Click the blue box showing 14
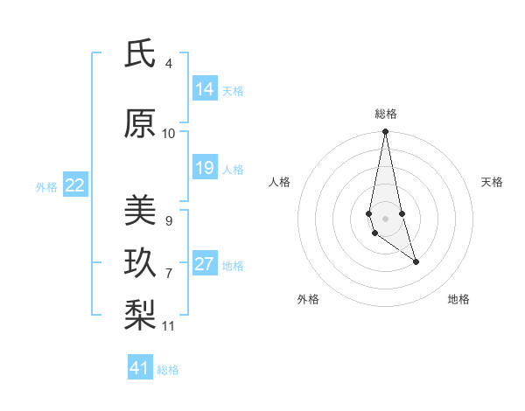205,89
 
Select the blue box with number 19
205,168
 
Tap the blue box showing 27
205,264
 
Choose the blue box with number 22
75,185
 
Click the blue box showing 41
140,368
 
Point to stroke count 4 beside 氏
169,64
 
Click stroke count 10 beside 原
169,134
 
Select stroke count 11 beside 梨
169,326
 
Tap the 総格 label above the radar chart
386,114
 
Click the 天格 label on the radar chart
492,182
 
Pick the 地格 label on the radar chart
458,299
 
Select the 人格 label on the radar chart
280,182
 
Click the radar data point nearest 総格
385,132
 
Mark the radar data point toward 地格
416,261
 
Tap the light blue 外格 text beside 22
46,186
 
